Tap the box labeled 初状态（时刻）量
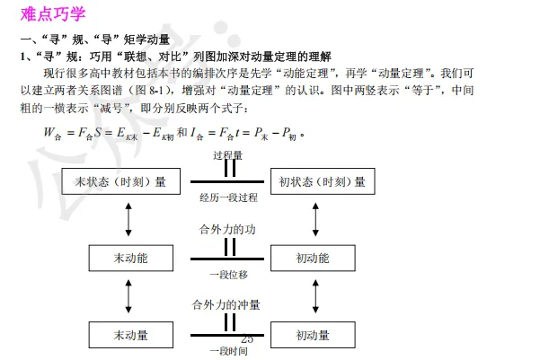[322, 182]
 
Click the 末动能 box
[130, 259]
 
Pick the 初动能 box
[313, 259]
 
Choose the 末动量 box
[130, 336]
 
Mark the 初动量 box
[313, 336]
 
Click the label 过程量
[228, 155]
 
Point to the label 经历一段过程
[228, 197]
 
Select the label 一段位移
[227, 273]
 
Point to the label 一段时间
[227, 350]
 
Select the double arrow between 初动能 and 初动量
[311, 297]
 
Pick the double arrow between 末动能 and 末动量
[131, 297]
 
